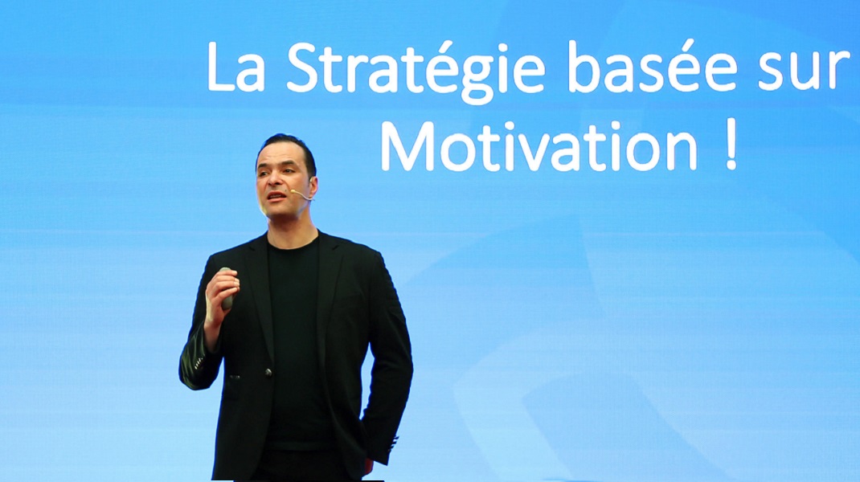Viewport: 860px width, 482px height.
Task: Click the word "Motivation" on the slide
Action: [539, 145]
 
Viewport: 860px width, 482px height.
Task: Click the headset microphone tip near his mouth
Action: [293, 192]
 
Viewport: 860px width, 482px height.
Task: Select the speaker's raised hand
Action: [221, 293]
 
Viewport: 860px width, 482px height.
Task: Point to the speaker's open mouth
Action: [277, 196]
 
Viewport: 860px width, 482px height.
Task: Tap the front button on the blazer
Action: [268, 372]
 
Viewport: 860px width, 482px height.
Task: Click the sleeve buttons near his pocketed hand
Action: [392, 441]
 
